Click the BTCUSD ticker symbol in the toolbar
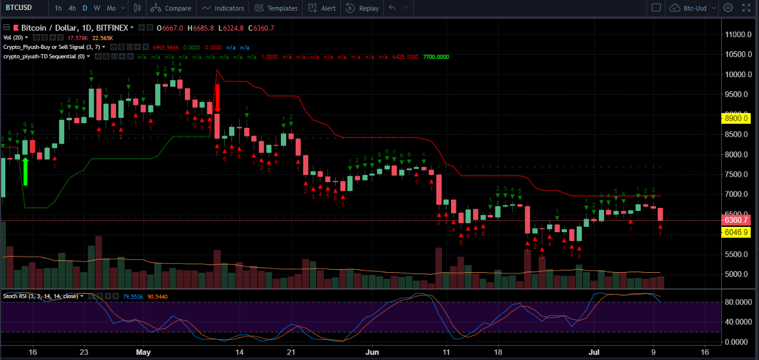pos(19,8)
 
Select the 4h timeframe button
pos(72,8)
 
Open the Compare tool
pos(171,8)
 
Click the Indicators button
pos(223,8)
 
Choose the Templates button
pos(276,8)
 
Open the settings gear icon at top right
pos(728,8)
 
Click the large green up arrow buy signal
pos(25,171)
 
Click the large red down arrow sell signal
pos(217,98)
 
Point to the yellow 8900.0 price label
pos(737,118)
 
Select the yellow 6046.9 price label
pos(737,233)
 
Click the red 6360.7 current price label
pos(737,220)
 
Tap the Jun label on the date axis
pos(372,352)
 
